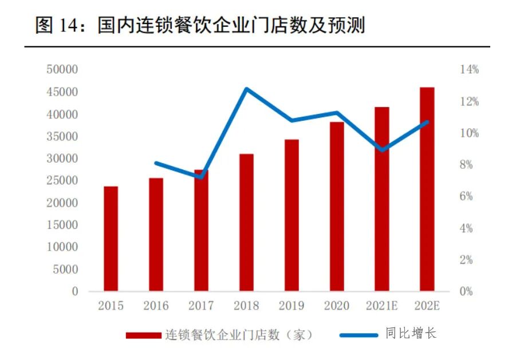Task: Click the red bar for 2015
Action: [111, 239]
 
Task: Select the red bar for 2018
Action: [246, 223]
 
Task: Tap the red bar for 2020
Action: [337, 207]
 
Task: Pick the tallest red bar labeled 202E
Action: [427, 189]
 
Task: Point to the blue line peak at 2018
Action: [246, 89]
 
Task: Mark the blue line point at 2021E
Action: [382, 150]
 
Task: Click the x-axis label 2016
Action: [156, 306]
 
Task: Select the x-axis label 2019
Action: [292, 306]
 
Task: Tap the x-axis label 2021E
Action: [382, 306]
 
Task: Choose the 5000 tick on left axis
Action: [68, 270]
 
